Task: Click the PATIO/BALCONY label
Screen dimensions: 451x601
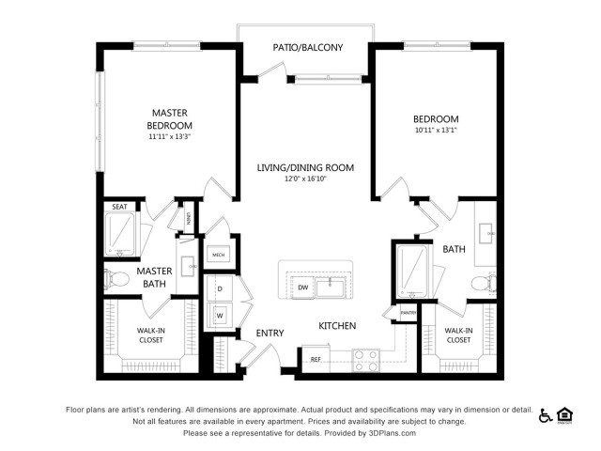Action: tap(307, 47)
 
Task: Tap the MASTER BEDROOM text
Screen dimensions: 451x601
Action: tap(170, 119)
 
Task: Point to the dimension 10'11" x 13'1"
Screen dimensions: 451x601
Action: tap(436, 132)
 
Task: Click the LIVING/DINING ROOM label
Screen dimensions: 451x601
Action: tap(306, 168)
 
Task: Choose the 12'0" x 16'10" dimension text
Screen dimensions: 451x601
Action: tap(306, 179)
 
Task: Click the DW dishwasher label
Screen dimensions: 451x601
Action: tap(303, 287)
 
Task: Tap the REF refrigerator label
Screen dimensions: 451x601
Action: tap(316, 359)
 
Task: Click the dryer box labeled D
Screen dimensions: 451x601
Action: tap(220, 288)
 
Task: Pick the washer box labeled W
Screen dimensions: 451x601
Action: tap(220, 315)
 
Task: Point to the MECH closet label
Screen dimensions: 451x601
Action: tap(218, 255)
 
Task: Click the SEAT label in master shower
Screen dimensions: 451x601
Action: tap(119, 207)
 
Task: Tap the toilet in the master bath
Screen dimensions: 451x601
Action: tap(118, 277)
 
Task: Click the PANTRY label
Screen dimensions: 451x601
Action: tap(408, 312)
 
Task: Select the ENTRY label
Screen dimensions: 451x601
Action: tap(270, 334)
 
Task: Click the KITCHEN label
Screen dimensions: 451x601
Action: tap(337, 326)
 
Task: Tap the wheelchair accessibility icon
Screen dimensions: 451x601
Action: tap(546, 414)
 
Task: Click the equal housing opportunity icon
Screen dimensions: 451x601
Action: tap(565, 414)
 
